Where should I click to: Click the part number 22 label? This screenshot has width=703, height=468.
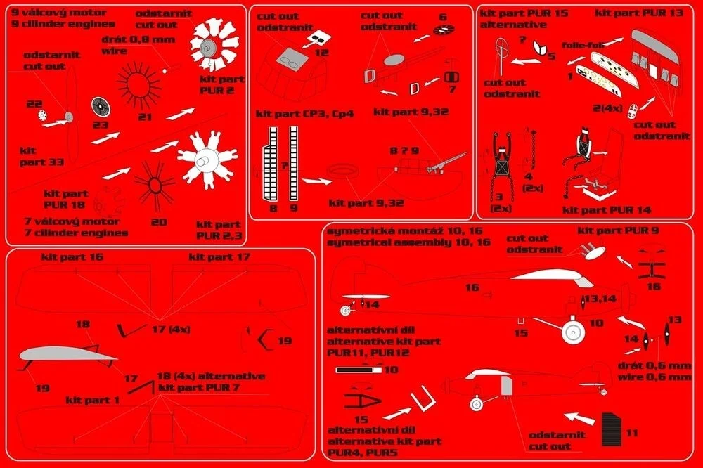coord(34,104)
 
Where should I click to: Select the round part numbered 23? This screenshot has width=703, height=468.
coord(101,107)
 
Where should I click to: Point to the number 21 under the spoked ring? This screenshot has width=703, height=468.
coord(145,117)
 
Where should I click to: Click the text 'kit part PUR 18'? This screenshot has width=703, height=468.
coord(66,199)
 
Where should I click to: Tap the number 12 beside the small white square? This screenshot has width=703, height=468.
coord(321,53)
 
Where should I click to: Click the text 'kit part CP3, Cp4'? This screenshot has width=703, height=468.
coord(305,114)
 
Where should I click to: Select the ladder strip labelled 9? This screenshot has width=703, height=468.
coord(294,163)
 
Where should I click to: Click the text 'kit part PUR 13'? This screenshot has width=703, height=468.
coord(639,13)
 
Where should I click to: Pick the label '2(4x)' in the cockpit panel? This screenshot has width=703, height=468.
coord(607,108)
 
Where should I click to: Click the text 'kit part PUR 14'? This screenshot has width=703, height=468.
coord(607,210)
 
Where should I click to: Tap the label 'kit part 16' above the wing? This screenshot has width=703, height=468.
coord(72,257)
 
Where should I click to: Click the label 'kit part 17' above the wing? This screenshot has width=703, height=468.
coord(219,257)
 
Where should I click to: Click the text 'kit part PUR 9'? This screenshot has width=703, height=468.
coord(618,230)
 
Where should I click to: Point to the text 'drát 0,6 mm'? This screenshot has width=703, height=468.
coord(654,365)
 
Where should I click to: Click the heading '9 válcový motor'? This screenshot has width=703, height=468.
coord(59,13)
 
